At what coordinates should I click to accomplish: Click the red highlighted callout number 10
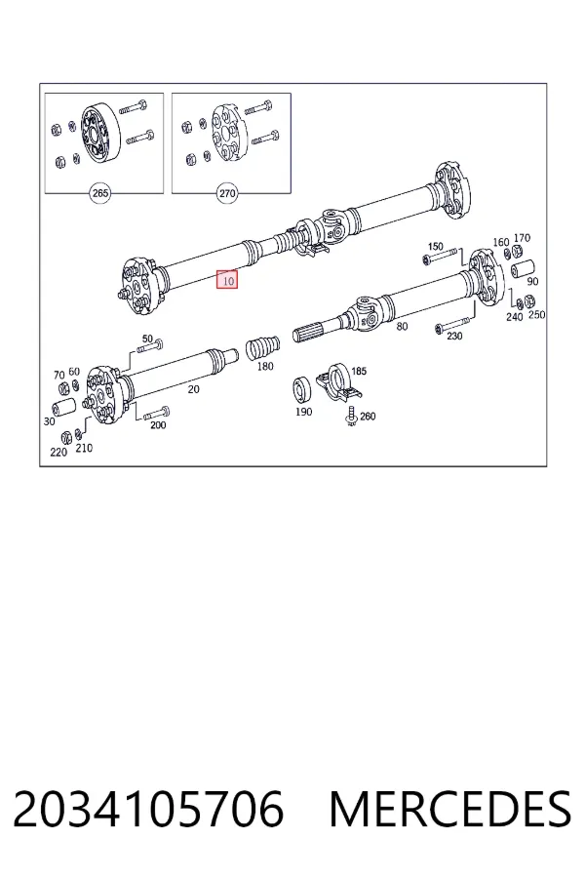pos(228,280)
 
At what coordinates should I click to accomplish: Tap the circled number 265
pos(99,193)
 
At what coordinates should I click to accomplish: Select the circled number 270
pos(227,193)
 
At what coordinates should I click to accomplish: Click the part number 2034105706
pos(148,810)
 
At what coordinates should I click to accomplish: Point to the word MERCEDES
pos(450,810)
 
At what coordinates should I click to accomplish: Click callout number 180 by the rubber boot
pos(265,366)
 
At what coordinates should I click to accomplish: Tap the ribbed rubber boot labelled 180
pos(263,346)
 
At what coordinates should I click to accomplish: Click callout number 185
pos(358,371)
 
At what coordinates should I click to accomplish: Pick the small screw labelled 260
pos(351,417)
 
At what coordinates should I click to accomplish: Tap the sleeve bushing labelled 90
pos(524,268)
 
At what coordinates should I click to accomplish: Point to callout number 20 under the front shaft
pos(193,388)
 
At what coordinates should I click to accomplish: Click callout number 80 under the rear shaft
pos(402,326)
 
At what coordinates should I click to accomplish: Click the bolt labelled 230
pos(452,325)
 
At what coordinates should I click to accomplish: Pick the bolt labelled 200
pos(157,414)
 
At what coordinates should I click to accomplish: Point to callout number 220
pos(58,452)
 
